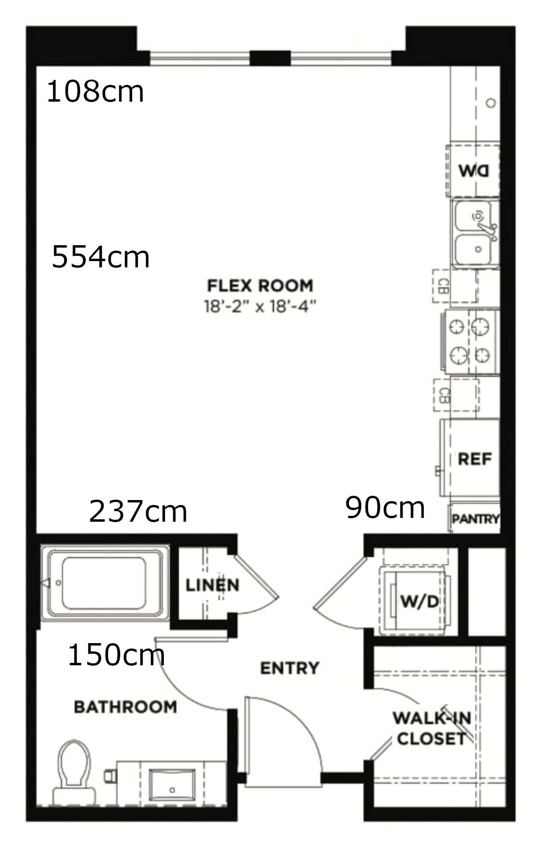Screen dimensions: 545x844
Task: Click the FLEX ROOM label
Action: [x=260, y=286]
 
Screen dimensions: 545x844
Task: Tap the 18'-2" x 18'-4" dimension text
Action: [x=260, y=306]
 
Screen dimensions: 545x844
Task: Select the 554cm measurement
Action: [x=100, y=257]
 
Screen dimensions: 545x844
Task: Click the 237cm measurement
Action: [x=138, y=511]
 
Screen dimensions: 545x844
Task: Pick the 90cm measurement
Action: [x=385, y=507]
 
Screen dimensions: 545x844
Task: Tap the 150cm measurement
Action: [x=116, y=655]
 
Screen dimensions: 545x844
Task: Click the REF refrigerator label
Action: [x=475, y=459]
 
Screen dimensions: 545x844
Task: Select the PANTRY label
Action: [x=476, y=519]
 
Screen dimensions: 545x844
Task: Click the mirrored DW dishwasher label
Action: [x=474, y=171]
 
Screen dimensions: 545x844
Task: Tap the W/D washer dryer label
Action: [x=420, y=601]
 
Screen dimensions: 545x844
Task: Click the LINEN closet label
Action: [x=213, y=585]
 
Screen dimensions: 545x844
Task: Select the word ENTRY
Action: [x=289, y=668]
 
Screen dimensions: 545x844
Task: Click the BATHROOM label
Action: [x=125, y=707]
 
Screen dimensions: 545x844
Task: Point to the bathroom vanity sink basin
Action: [x=172, y=787]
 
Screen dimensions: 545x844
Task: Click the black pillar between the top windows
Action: [x=270, y=58]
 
